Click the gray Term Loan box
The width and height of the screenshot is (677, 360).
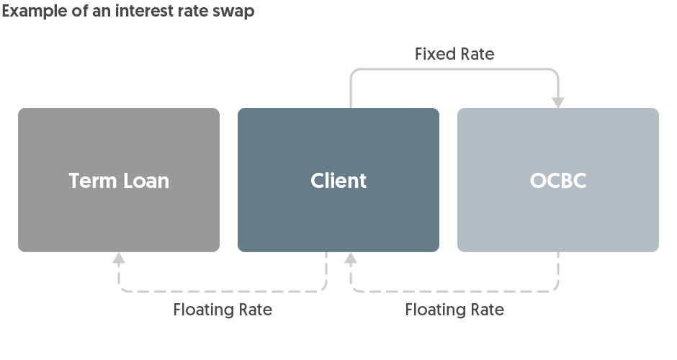pyautogui.click(x=119, y=216)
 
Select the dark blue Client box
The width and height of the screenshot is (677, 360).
pyautogui.click(x=338, y=216)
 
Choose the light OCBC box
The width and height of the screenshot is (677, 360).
pyautogui.click(x=558, y=216)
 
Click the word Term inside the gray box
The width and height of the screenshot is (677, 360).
pyautogui.click(x=93, y=180)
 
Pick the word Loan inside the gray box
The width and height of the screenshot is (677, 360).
pyautogui.click(x=145, y=180)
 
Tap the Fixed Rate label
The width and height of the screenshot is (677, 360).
pyautogui.click(x=454, y=54)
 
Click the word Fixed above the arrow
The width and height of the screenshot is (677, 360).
pyautogui.click(x=435, y=54)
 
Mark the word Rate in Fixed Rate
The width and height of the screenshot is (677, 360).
pyautogui.click(x=477, y=54)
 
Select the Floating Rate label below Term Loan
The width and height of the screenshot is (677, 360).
pyautogui.click(x=223, y=310)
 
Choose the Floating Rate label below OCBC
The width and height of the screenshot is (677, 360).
pyautogui.click(x=454, y=310)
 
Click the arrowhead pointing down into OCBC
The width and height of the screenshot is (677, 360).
pyautogui.click(x=558, y=102)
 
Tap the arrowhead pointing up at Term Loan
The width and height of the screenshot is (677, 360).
pyautogui.click(x=119, y=258)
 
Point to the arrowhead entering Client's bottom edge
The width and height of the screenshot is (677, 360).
pyautogui.click(x=351, y=258)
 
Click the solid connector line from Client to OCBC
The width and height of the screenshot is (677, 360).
pyautogui.click(x=454, y=70)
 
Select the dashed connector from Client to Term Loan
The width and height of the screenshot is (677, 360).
pyautogui.click(x=223, y=292)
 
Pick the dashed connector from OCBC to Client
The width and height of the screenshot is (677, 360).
pyautogui.click(x=454, y=292)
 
